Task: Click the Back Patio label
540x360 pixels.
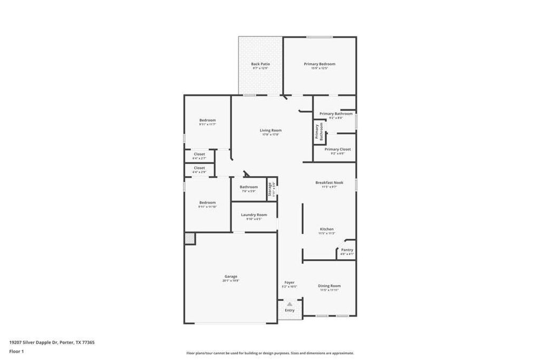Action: pyautogui.click(x=261, y=64)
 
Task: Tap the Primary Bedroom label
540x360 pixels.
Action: pyautogui.click(x=320, y=64)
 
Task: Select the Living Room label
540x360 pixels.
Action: pyautogui.click(x=271, y=130)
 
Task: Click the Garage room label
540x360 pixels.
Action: pyautogui.click(x=230, y=276)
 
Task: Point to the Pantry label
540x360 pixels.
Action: pyautogui.click(x=347, y=250)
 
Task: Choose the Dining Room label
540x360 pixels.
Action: pyautogui.click(x=329, y=286)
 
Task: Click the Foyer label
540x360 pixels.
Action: pyautogui.click(x=290, y=283)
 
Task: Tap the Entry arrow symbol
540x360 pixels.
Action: pyautogui.click(x=290, y=304)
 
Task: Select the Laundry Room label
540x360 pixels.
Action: pyautogui.click(x=254, y=215)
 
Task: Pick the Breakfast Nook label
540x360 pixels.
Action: pyautogui.click(x=329, y=182)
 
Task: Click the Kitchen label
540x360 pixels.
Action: pyautogui.click(x=326, y=229)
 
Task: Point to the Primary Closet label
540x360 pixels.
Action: pyautogui.click(x=337, y=149)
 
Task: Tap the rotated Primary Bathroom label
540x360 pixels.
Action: pyautogui.click(x=319, y=132)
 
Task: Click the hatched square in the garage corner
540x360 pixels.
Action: pyautogui.click(x=190, y=239)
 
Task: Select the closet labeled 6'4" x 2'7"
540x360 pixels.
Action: pyautogui.click(x=199, y=156)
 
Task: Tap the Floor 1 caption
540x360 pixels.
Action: pyautogui.click(x=17, y=351)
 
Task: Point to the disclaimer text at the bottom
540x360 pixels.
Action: pyautogui.click(x=270, y=353)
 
